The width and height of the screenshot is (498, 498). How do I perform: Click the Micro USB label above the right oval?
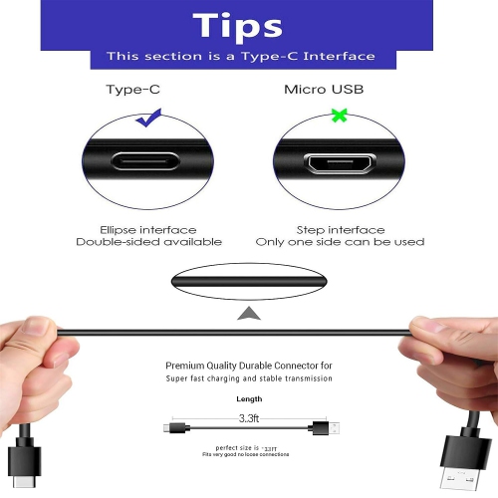pos(324,90)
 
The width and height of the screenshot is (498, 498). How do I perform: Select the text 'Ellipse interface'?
pos(148,228)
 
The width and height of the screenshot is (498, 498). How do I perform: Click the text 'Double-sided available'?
pos(148,242)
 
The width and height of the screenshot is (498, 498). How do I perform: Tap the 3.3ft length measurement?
pos(250,417)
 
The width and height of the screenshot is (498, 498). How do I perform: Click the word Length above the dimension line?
pos(249,398)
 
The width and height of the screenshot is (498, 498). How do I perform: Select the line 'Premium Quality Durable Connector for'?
pos(249,366)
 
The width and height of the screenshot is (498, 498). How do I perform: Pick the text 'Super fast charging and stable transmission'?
pos(249,379)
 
